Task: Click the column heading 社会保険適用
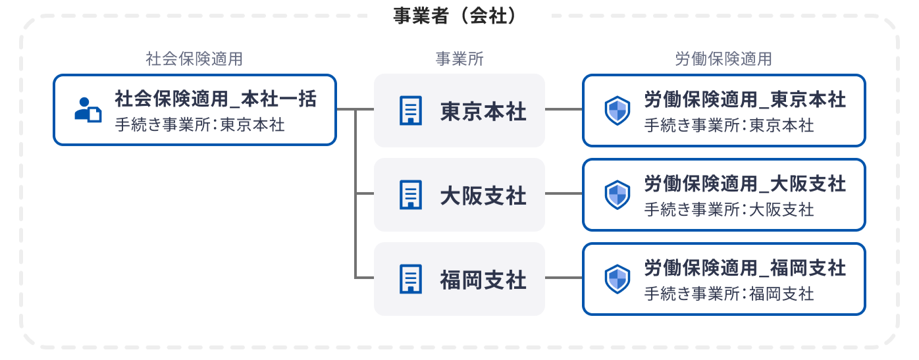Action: pyautogui.click(x=194, y=59)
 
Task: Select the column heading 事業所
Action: pyautogui.click(x=459, y=59)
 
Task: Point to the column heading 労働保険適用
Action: pyautogui.click(x=723, y=59)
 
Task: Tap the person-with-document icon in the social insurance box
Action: pyautogui.click(x=88, y=110)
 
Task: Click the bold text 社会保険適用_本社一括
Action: pyautogui.click(x=216, y=99)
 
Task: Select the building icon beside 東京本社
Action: pyautogui.click(x=411, y=111)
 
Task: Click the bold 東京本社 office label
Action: pyautogui.click(x=483, y=111)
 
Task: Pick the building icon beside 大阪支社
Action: pyautogui.click(x=411, y=195)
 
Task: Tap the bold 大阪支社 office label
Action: pyautogui.click(x=483, y=196)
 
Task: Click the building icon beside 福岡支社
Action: pyautogui.click(x=411, y=279)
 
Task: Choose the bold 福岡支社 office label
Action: pyautogui.click(x=483, y=280)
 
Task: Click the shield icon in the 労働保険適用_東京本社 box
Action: pyautogui.click(x=617, y=111)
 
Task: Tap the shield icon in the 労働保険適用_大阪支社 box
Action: pyautogui.click(x=617, y=195)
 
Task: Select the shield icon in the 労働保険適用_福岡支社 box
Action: pyautogui.click(x=617, y=279)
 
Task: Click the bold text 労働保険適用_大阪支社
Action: pyautogui.click(x=745, y=184)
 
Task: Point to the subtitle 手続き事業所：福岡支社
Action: pyautogui.click(x=729, y=294)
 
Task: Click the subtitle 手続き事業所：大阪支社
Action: pyautogui.click(x=729, y=209)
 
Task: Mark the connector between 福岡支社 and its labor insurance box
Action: pyautogui.click(x=564, y=278)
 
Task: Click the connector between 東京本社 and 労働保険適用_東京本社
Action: pyautogui.click(x=564, y=109)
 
